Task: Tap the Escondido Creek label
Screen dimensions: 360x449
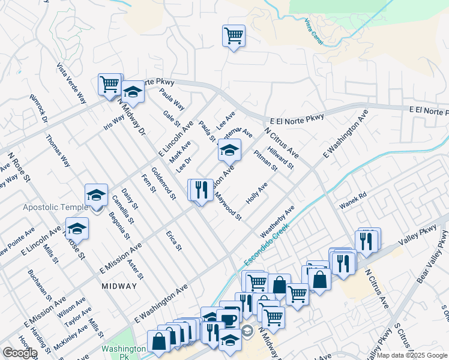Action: click(x=267, y=246)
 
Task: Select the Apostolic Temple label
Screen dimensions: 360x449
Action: click(x=51, y=207)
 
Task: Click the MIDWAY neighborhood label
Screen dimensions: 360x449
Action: click(x=119, y=286)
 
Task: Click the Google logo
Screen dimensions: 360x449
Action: click(x=20, y=353)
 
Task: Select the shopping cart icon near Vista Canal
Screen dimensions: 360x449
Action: click(x=233, y=35)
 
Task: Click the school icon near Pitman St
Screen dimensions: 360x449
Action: click(x=229, y=150)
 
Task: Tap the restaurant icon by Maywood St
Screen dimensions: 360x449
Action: click(x=200, y=190)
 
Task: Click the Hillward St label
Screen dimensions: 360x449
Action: click(x=281, y=157)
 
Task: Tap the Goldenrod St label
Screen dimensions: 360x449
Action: click(x=163, y=183)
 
